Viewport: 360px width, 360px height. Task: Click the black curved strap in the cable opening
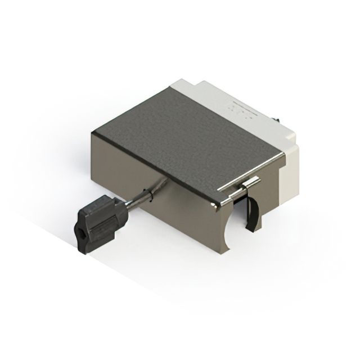click(x=253, y=214)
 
